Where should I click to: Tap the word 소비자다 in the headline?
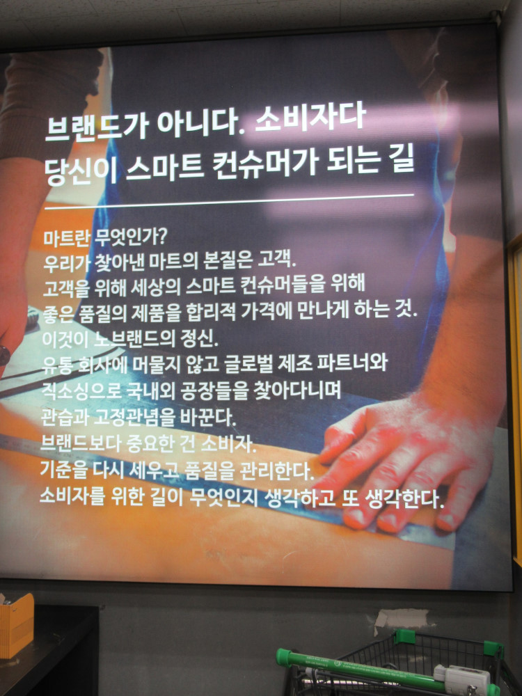pos(310,118)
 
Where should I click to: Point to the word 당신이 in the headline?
pos(81,170)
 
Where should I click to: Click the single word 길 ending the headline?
pos(402,159)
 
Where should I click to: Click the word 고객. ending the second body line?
pos(276,260)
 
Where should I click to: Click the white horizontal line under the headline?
pos(229,201)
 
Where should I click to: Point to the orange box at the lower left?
pos(16,625)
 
